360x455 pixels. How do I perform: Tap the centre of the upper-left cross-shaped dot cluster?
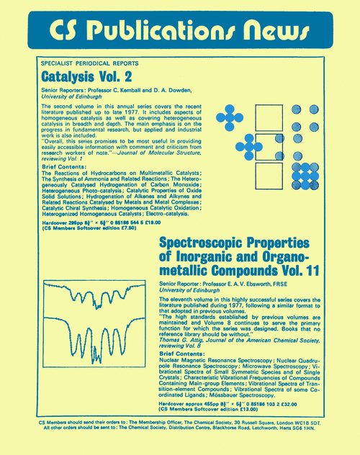point(229,117)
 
